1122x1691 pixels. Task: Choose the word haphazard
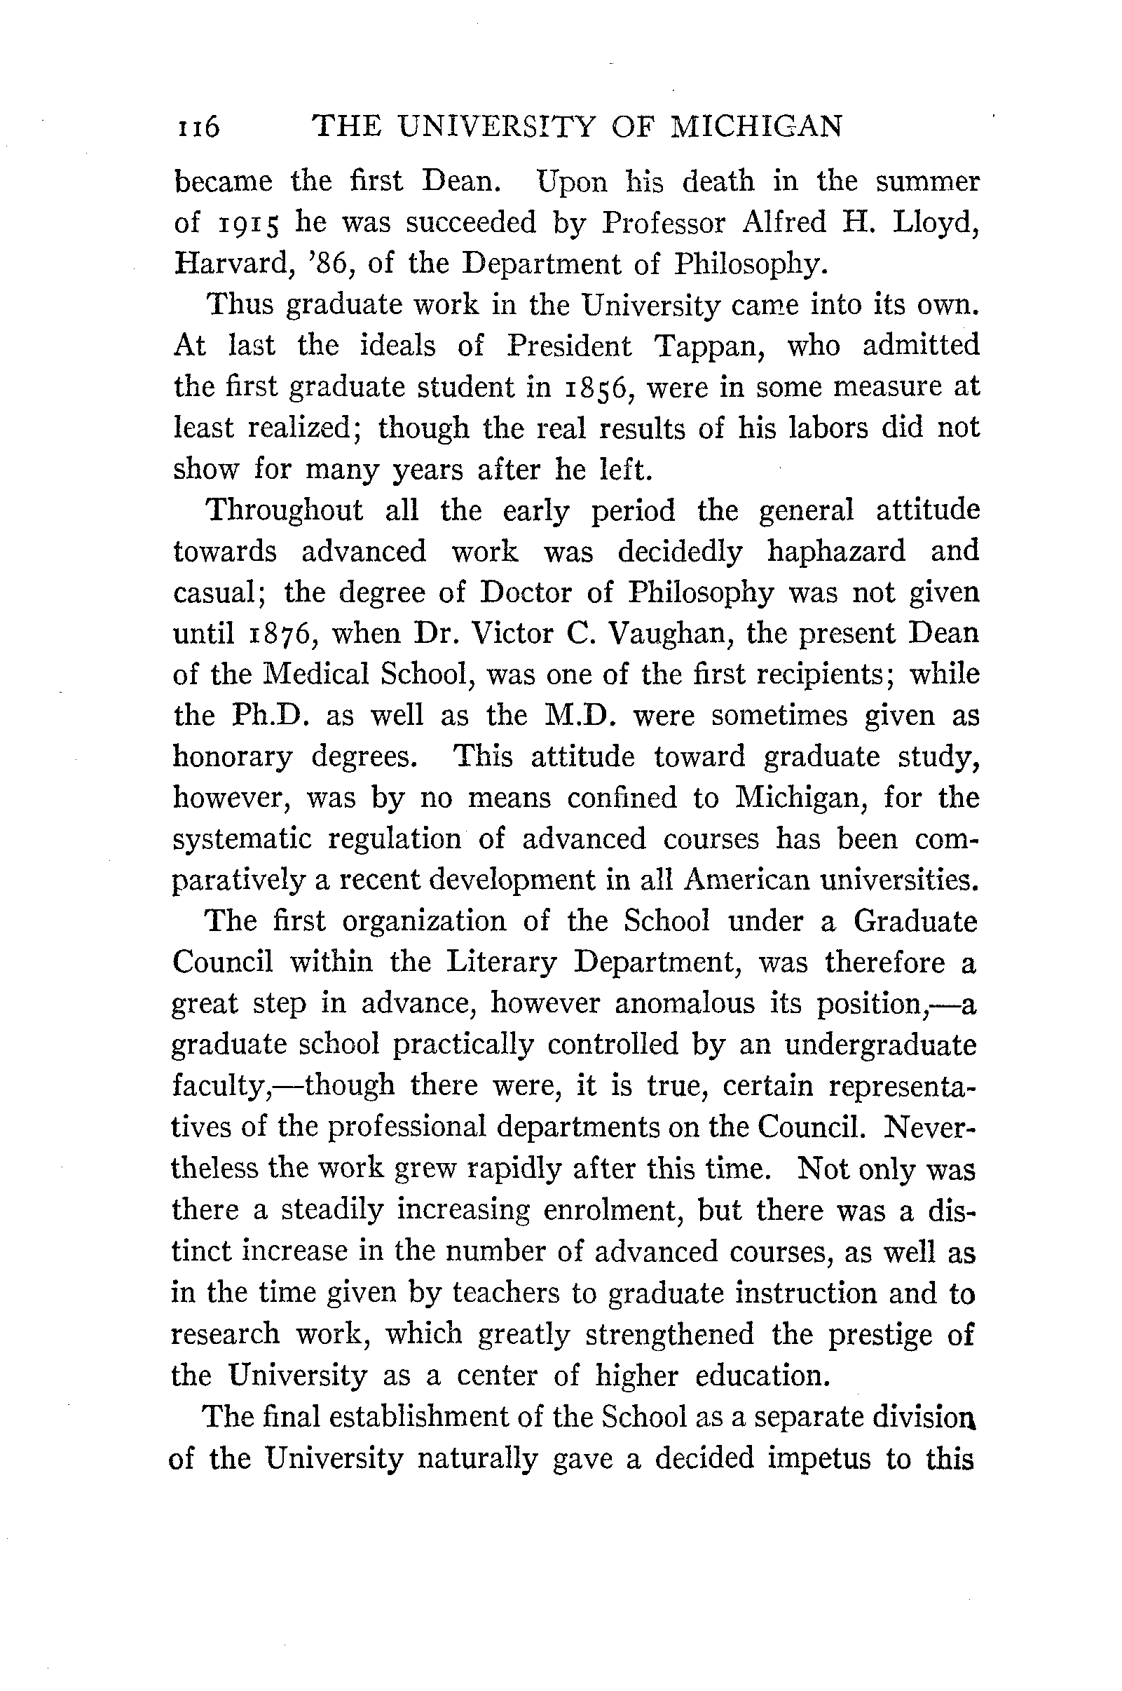coord(836,551)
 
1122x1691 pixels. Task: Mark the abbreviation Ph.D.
coord(271,716)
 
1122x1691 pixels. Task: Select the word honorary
coord(233,757)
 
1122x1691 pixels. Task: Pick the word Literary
coord(501,963)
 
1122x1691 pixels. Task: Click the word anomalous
coord(685,1003)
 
